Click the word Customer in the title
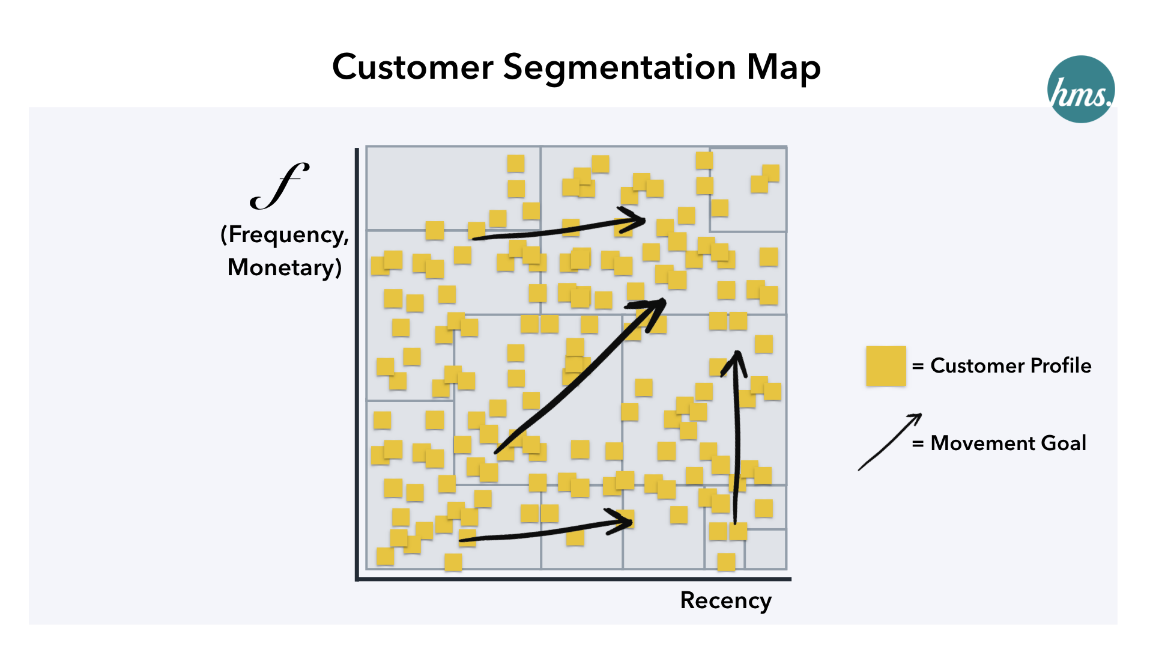click(x=413, y=67)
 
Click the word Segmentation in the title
click(x=619, y=67)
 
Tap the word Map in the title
click(x=783, y=67)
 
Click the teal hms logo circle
click(x=1080, y=90)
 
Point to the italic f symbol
click(x=279, y=186)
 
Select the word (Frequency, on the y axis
click(x=285, y=234)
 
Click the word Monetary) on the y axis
click(x=285, y=267)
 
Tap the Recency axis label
click(x=725, y=600)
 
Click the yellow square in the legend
click(x=886, y=365)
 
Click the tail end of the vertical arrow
click(x=736, y=522)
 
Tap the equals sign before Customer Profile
click(x=918, y=366)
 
